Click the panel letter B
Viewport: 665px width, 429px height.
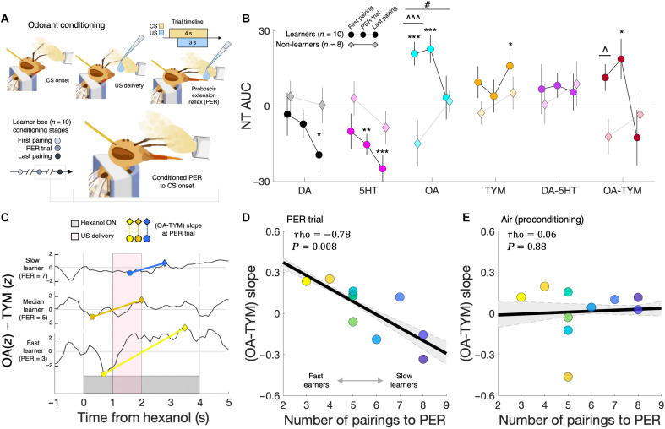tap(246, 19)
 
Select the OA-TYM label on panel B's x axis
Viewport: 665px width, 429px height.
tap(622, 191)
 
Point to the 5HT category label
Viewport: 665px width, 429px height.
tap(368, 191)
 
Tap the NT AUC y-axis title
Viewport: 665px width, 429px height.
tap(246, 106)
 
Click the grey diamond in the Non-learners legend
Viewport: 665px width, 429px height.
tap(352, 45)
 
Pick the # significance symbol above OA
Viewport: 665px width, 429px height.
tap(427, 4)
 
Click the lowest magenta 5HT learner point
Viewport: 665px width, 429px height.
tap(382, 169)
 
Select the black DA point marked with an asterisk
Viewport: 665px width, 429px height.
tap(319, 155)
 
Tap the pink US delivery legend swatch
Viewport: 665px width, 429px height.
tap(74, 236)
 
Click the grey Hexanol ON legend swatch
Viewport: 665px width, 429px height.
tap(74, 223)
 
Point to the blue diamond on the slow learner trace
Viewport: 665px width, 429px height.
tap(165, 263)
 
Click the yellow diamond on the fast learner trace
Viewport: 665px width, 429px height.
tap(185, 328)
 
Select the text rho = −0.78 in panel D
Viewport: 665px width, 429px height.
tap(322, 235)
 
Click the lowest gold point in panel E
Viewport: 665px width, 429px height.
tap(569, 377)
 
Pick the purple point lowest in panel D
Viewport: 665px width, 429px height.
tap(422, 359)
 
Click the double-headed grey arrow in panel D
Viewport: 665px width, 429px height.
tap(360, 381)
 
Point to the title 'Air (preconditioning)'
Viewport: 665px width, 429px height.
tap(542, 220)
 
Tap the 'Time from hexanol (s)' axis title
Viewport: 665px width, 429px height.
tap(143, 418)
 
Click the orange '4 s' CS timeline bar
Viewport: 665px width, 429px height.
tap(188, 33)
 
